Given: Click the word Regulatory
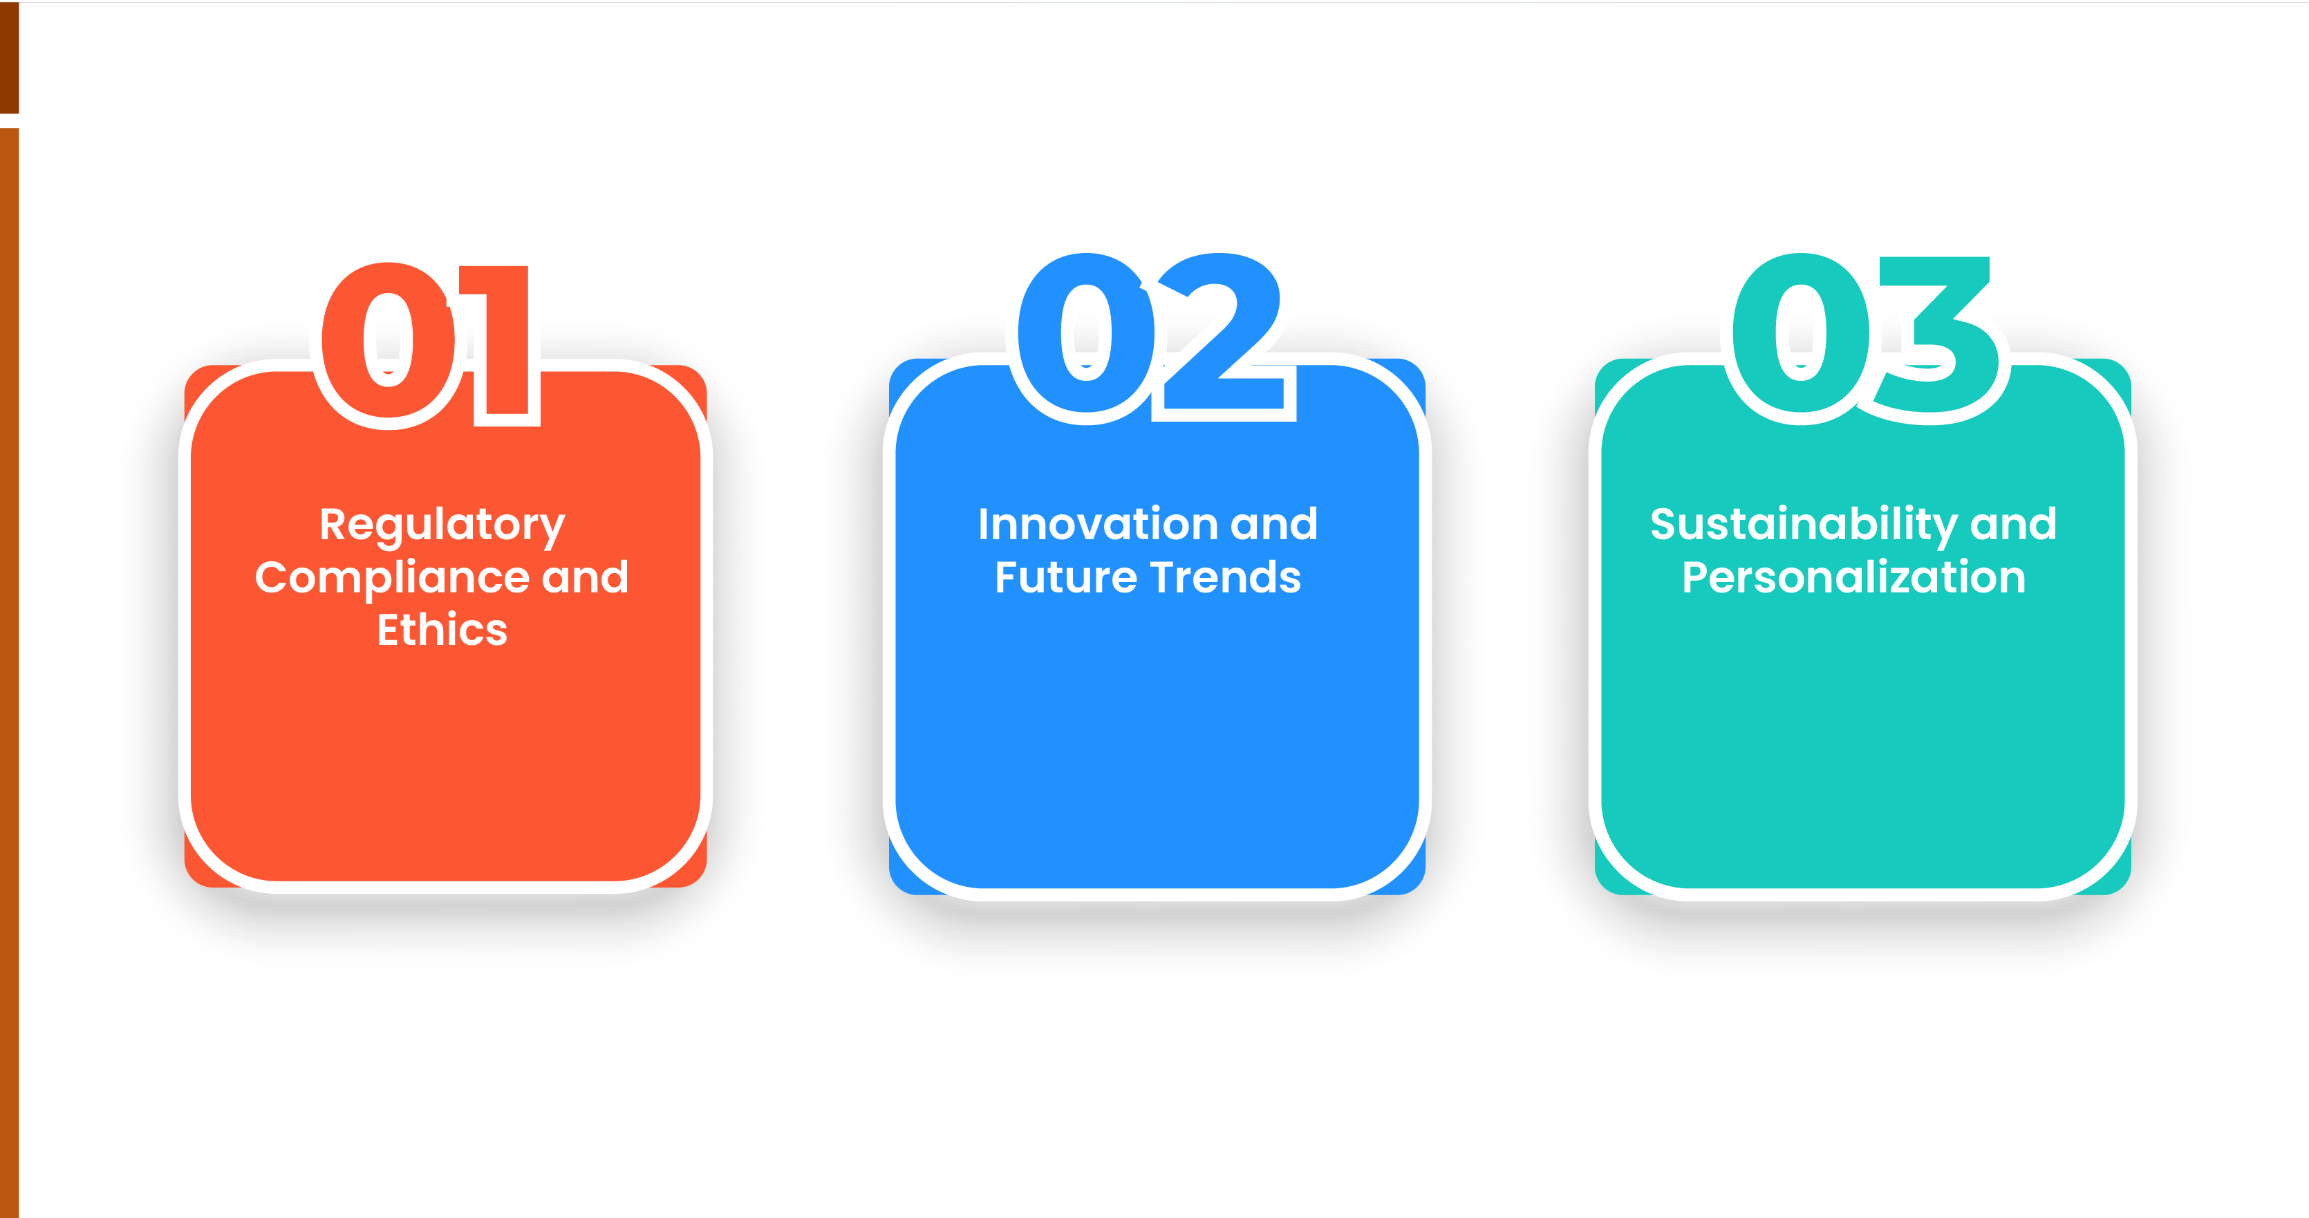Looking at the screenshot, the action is coord(442,526).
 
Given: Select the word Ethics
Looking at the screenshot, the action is coord(442,630).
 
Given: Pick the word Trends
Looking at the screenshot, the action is coord(1225,578).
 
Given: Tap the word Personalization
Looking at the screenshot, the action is coord(1853,578).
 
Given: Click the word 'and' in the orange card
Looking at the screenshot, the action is coord(586,577).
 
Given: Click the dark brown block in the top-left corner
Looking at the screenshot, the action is coord(9,57).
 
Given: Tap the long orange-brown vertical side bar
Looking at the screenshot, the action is coord(9,672).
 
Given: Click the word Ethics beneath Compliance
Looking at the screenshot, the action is coord(442,630).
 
